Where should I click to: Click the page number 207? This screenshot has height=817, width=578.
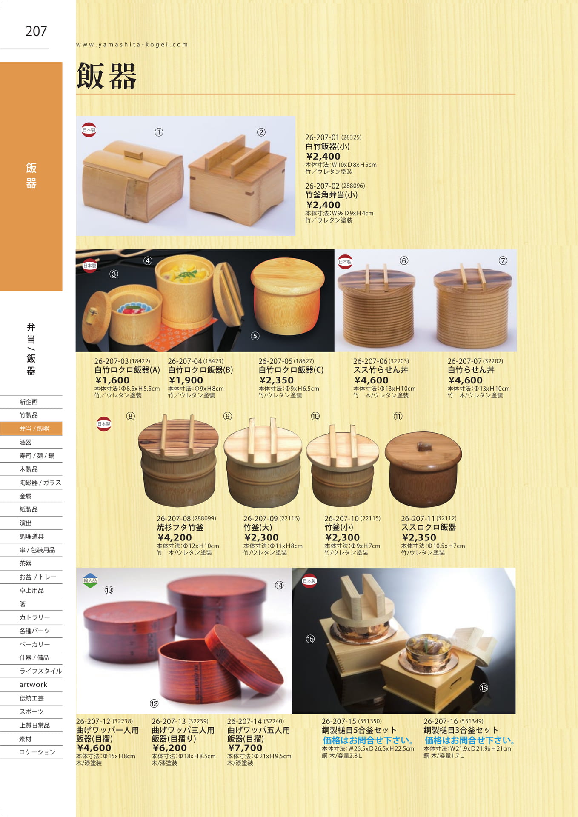tap(36, 31)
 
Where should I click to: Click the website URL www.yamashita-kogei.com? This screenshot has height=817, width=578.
tap(132, 44)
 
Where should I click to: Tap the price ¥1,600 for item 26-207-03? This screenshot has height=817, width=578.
tap(112, 380)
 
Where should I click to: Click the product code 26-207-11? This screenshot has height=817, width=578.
tap(418, 518)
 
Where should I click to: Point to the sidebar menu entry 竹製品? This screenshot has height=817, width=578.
tap(29, 415)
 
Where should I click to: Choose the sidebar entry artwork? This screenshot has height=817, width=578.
tap(33, 684)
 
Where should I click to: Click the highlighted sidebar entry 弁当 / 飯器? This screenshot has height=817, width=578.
tap(34, 428)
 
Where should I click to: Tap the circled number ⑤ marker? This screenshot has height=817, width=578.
tap(255, 336)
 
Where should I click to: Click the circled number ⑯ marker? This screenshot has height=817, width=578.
tap(484, 688)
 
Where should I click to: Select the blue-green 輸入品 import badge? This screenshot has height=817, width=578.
tap(90, 580)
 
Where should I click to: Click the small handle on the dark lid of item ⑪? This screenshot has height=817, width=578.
tap(423, 446)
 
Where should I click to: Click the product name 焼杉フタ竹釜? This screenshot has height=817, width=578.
tap(180, 527)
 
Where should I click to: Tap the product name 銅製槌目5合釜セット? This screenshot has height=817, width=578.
tap(359, 730)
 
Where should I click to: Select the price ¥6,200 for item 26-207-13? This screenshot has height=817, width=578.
tap(169, 748)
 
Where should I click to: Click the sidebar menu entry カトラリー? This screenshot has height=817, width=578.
tap(34, 617)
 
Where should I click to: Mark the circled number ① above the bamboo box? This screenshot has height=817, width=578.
tap(159, 132)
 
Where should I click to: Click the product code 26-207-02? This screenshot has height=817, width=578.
tap(322, 186)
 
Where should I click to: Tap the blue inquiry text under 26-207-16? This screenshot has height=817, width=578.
tap(470, 740)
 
